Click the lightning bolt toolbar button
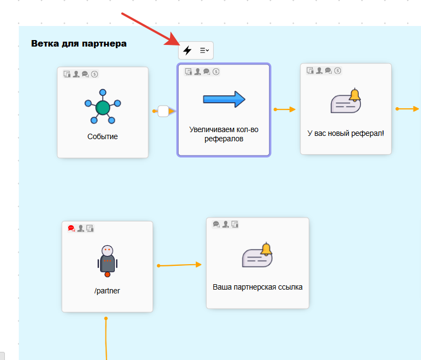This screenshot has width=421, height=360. (187, 50)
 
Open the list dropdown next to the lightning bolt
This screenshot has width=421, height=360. (204, 50)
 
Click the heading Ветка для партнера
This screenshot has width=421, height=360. (79, 43)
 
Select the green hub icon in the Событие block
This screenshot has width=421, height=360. (103, 108)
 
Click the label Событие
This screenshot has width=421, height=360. (103, 136)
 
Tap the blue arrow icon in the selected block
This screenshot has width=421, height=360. (224, 99)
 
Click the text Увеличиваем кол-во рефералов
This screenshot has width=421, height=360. (224, 134)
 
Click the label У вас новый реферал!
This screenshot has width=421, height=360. (346, 132)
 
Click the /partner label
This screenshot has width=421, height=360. (107, 291)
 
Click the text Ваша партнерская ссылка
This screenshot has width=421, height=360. (258, 287)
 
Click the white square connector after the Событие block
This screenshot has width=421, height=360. (163, 111)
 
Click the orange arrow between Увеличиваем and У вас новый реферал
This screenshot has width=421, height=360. (285, 109)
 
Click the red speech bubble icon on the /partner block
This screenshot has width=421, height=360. (71, 228)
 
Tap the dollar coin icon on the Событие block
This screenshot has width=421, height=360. (94, 74)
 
